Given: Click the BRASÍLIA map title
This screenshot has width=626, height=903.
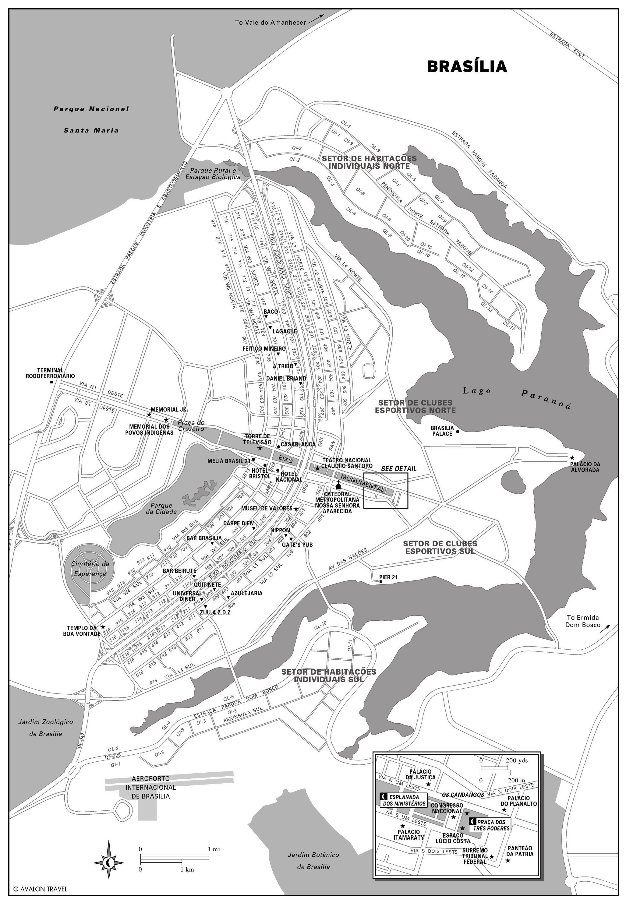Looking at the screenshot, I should click(467, 66).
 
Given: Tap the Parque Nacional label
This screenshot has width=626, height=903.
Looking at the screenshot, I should click(91, 109).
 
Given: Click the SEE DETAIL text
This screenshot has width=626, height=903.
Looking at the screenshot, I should click(398, 469).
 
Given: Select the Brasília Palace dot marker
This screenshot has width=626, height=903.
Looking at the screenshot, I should click(457, 431).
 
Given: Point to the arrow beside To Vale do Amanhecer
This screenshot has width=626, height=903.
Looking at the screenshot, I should click(316, 19).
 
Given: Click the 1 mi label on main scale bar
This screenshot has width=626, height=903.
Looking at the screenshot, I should click(214, 849).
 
